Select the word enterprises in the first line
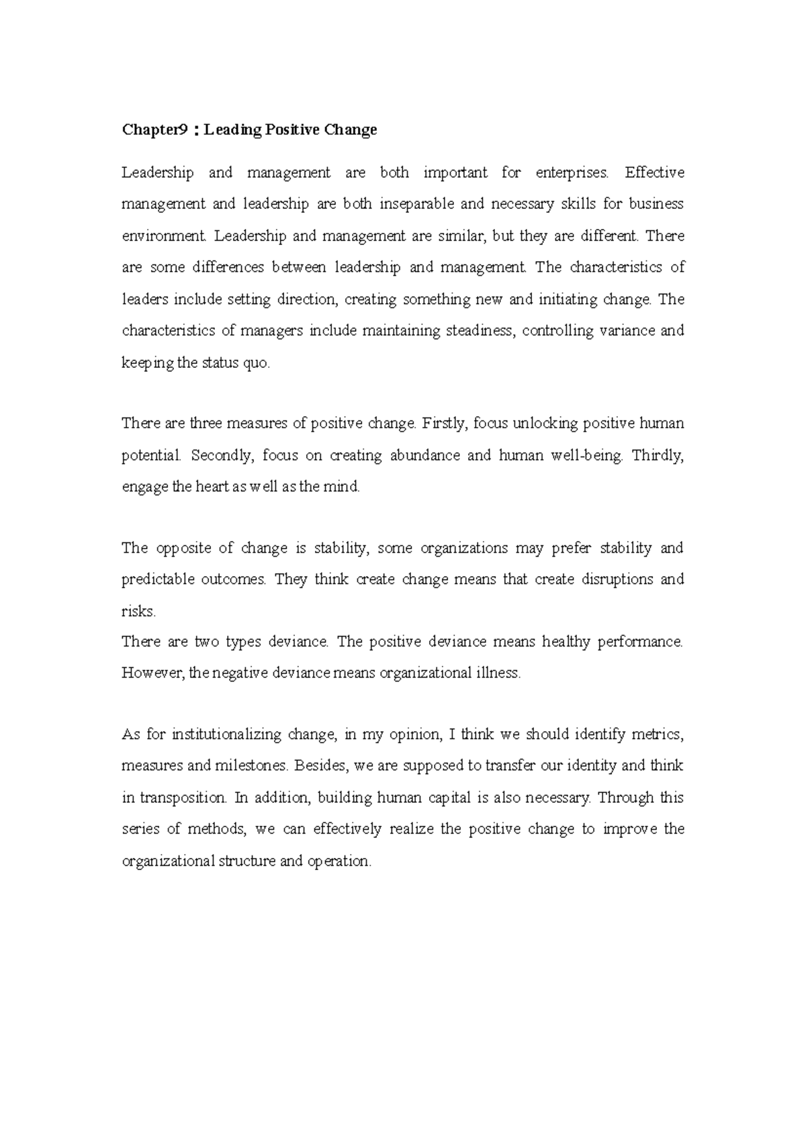(572, 173)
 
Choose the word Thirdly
(658, 456)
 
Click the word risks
(138, 612)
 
